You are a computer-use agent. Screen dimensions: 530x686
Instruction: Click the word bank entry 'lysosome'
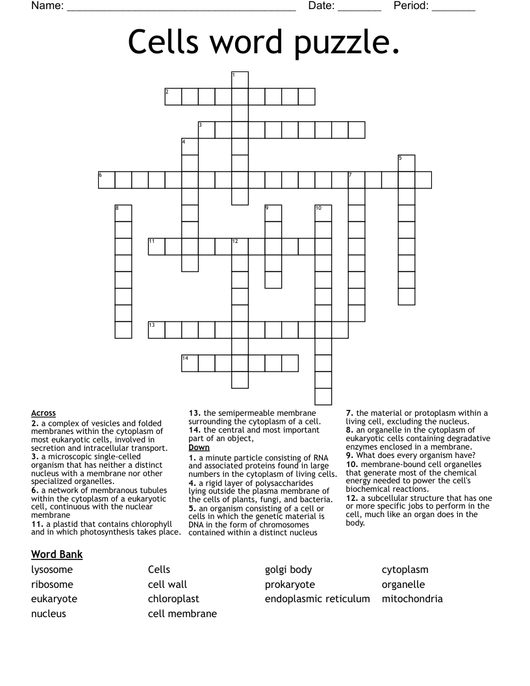52,570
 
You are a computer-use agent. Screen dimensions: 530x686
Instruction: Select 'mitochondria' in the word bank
412,599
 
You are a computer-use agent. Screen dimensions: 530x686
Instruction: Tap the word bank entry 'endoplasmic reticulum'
317,599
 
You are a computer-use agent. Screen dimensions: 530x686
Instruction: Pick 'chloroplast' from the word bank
173,599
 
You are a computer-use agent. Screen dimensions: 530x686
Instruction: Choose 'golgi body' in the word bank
288,570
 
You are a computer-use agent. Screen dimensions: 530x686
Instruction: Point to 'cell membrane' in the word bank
183,613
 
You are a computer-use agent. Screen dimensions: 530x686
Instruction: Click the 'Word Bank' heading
57,554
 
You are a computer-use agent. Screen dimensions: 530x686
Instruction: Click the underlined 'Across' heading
44,413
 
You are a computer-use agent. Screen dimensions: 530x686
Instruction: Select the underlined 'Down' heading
199,448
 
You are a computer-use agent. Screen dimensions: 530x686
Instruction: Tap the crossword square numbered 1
240,80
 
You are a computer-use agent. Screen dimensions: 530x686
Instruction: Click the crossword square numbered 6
107,180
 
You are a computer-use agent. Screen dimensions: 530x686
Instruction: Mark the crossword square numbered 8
123,213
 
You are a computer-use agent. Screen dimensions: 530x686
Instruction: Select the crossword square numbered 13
157,329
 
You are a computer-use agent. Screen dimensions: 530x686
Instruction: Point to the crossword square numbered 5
407,163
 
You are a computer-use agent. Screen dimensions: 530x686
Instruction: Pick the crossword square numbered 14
190,362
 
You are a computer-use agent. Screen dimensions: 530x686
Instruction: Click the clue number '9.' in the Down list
350,455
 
